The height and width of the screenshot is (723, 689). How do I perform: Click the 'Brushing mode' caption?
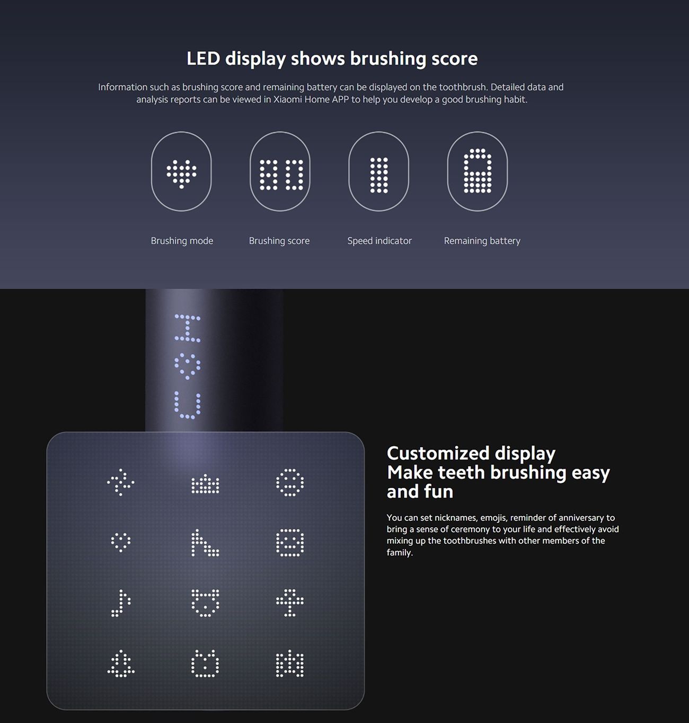[182, 241]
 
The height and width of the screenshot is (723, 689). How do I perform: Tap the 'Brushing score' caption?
[279, 241]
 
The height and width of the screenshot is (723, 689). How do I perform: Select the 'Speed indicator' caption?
[379, 241]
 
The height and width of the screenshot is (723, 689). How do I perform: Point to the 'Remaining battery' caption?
[482, 241]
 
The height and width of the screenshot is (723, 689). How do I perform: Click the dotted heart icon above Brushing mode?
[181, 173]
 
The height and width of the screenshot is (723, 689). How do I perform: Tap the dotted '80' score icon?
[281, 175]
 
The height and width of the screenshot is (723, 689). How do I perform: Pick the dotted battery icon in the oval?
[478, 171]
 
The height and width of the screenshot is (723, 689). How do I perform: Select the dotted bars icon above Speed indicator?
[379, 175]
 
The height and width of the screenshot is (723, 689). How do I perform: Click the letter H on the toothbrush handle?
[188, 328]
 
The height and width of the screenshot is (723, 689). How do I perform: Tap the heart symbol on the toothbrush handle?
[188, 367]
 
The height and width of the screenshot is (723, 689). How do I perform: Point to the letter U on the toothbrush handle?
[188, 405]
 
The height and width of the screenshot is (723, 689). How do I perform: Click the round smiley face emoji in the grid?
[290, 482]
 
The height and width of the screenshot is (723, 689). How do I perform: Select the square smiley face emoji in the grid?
[290, 543]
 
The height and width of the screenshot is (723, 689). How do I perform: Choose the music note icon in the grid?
[120, 603]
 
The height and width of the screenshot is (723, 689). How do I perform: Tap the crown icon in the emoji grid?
[205, 484]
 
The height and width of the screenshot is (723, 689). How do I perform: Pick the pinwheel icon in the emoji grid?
[120, 482]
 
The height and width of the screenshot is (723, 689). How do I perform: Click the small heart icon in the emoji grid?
[120, 542]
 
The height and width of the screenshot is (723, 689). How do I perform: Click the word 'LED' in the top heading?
[203, 58]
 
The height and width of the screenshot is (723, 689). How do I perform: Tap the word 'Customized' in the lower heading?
[438, 454]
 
